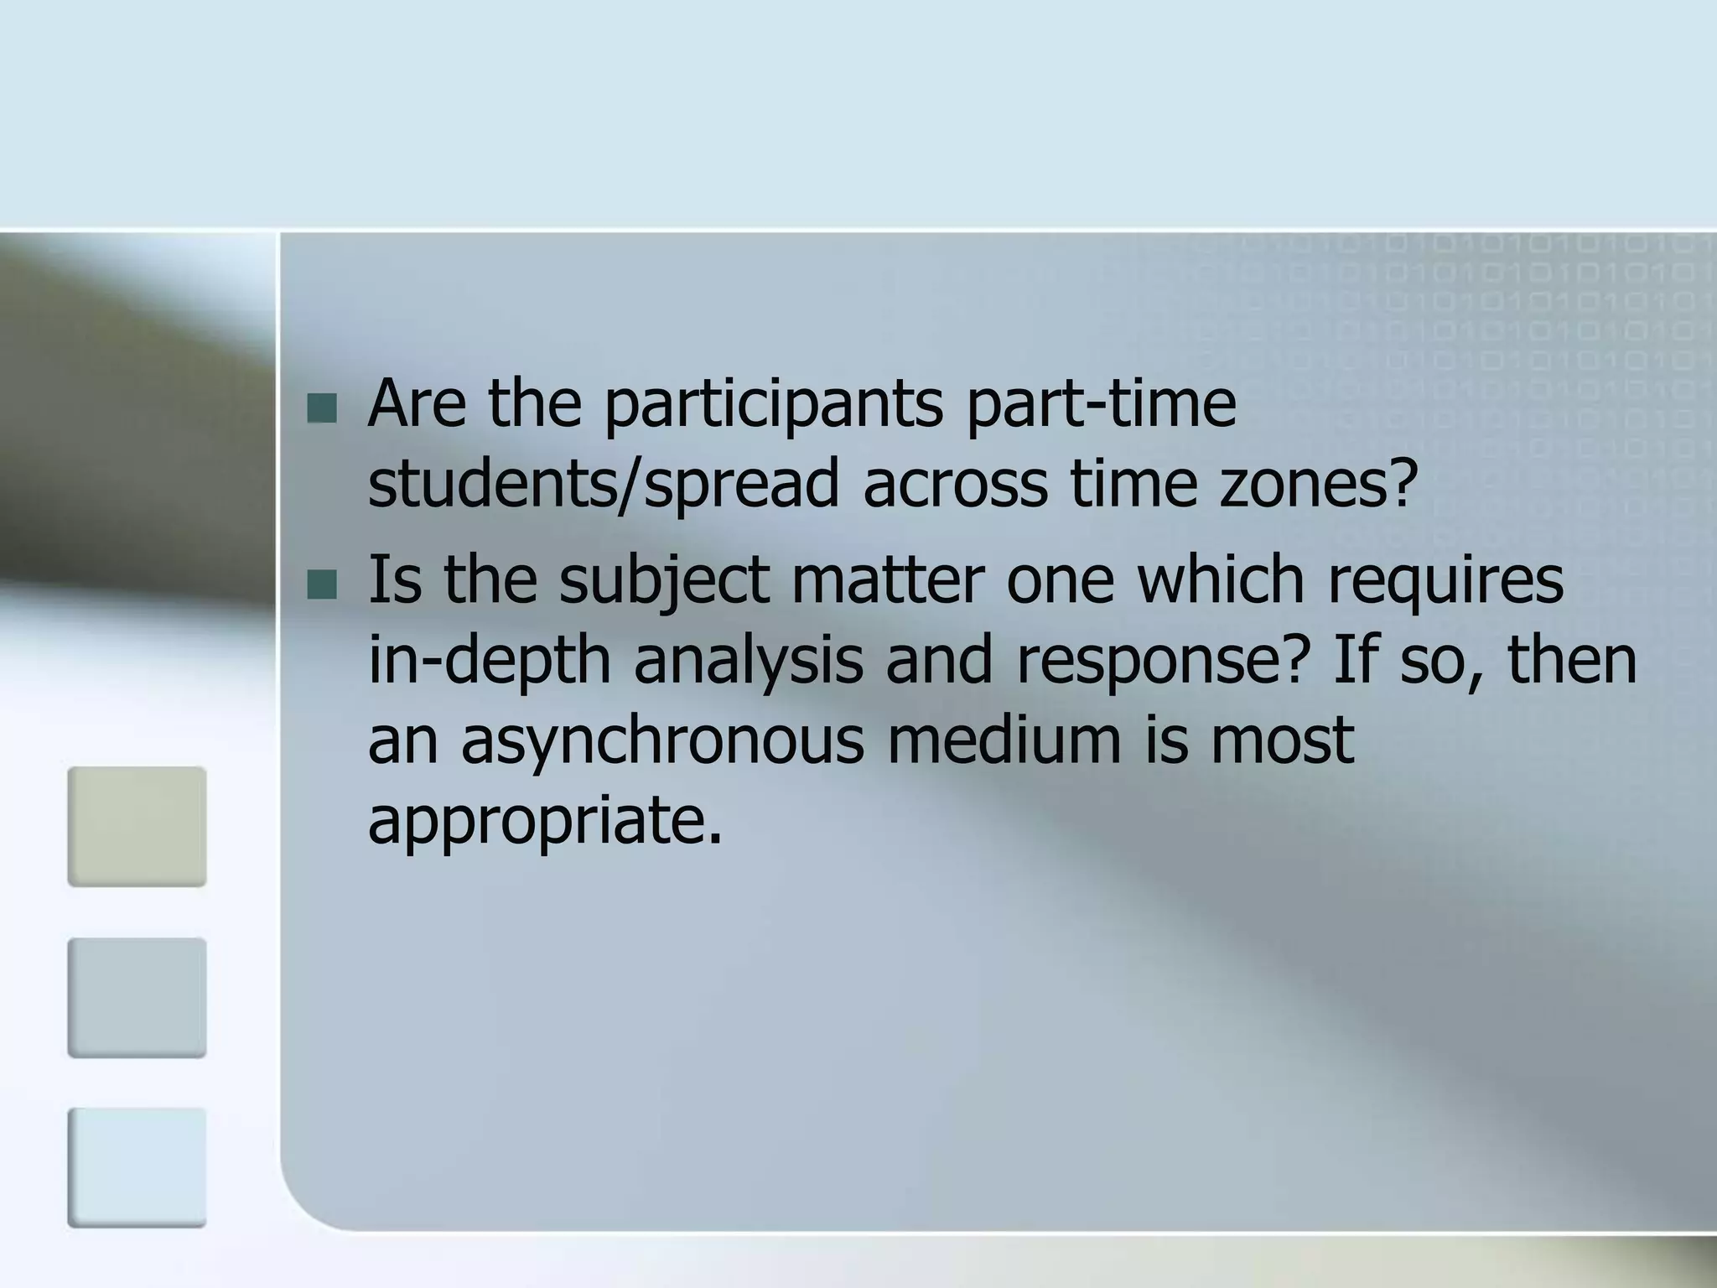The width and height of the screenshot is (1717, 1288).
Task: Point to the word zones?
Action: [1317, 485]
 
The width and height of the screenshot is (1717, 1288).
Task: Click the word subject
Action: [664, 581]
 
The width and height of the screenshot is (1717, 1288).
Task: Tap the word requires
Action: [1445, 581]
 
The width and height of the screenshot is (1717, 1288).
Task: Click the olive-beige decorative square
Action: [137, 826]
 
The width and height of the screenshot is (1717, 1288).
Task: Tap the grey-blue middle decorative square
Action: [137, 997]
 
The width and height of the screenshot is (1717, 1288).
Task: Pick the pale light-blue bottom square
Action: [137, 1167]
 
